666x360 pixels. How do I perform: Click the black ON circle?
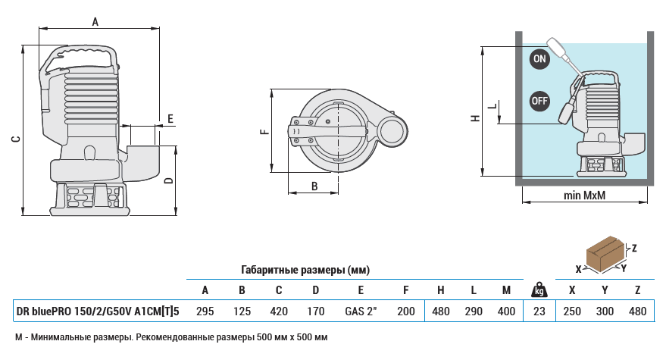point(539,59)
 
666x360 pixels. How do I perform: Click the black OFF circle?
point(539,100)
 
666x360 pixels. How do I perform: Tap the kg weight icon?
point(539,290)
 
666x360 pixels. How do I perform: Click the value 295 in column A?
point(205,311)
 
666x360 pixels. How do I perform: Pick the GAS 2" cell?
point(361,311)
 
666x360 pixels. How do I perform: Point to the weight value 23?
point(539,311)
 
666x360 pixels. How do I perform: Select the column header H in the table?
point(440,290)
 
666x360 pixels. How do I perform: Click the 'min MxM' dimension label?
point(585,196)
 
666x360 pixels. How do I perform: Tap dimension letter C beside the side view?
point(15,139)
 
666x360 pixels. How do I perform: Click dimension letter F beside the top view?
point(264,132)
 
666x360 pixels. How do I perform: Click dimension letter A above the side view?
point(95,23)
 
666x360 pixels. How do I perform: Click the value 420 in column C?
point(279,311)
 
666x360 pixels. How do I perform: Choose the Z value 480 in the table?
point(639,311)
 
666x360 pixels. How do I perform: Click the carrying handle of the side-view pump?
point(83,55)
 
